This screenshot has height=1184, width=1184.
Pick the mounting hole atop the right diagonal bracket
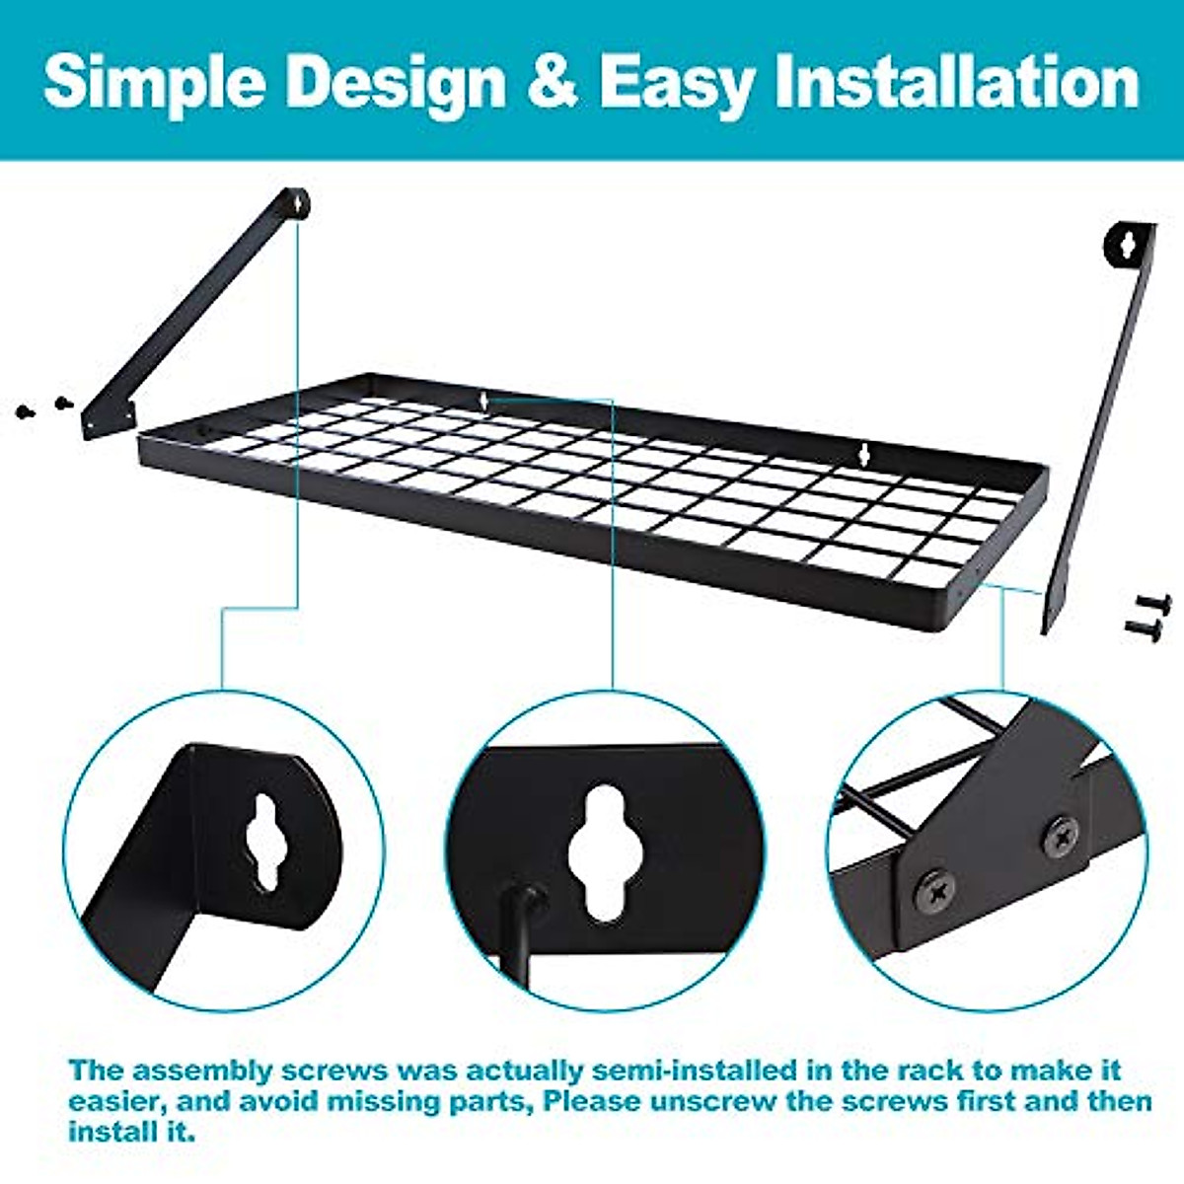coord(1127,243)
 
